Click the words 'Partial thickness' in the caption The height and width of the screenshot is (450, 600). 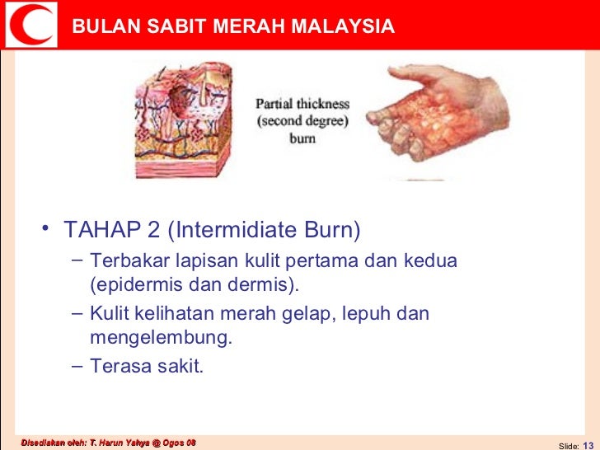tap(302, 105)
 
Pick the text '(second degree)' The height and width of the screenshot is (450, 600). tap(302, 122)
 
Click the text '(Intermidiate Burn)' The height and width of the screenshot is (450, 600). tap(264, 228)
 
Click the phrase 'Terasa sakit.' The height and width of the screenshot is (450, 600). tap(146, 366)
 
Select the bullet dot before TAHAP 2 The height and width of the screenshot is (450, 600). tap(46, 227)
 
